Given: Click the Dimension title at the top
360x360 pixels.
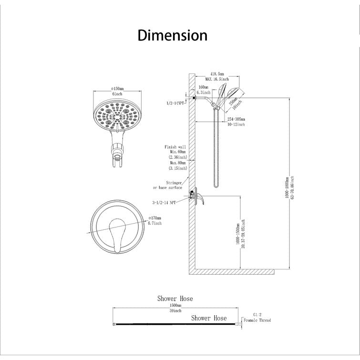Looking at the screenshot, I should (173, 35).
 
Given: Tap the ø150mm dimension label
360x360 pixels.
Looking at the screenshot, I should (117, 89).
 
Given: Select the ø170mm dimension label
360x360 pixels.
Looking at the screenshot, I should (155, 217).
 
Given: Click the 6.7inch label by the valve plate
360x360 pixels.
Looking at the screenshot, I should (155, 223).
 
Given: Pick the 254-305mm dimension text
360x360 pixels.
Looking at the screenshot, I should (236, 119).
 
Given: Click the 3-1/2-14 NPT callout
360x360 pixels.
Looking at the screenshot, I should (165, 202).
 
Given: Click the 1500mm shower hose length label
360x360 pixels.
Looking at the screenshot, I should (175, 305).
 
